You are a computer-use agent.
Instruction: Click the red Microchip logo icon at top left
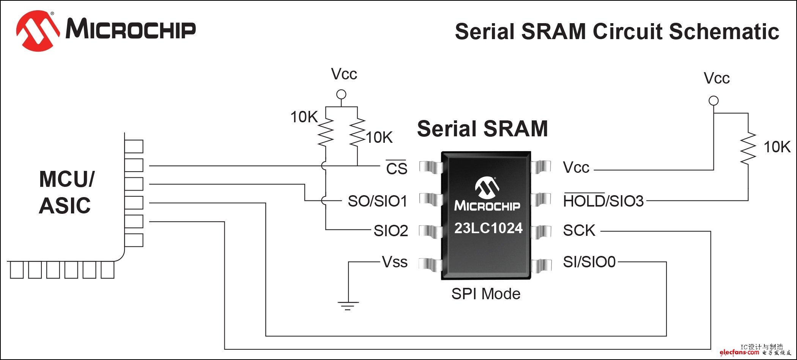point(37,30)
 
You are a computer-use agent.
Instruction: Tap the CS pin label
point(396,168)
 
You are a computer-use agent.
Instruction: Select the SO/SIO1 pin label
point(377,201)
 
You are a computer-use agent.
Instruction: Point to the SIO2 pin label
point(391,231)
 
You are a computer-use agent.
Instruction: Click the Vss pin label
point(395,262)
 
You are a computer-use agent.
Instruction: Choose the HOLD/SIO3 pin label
point(603,201)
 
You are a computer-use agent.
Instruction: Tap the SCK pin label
point(579,231)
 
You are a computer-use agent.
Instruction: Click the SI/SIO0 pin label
point(589,262)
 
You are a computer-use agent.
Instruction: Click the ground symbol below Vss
point(348,305)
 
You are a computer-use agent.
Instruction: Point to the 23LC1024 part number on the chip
point(488,228)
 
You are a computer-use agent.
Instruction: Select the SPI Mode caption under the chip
point(486,294)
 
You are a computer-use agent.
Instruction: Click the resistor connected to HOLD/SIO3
point(748,148)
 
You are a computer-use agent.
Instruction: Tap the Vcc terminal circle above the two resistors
point(341,94)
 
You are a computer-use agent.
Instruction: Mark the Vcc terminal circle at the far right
point(714,101)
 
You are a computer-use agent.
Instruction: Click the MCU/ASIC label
point(66,192)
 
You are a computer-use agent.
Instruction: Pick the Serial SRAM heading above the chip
point(482,129)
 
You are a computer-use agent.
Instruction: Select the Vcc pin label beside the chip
point(576,167)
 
